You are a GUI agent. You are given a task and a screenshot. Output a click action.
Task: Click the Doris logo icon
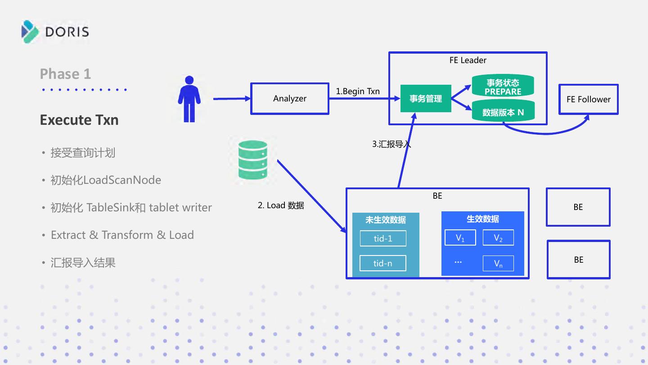point(30,32)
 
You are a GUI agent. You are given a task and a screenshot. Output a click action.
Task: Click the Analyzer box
point(290,99)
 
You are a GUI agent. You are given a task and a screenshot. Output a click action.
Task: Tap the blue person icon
point(189,99)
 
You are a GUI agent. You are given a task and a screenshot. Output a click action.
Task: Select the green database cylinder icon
point(252,160)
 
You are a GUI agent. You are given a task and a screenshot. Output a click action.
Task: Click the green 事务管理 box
point(426,99)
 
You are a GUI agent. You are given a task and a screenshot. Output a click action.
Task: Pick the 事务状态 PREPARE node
point(503,86)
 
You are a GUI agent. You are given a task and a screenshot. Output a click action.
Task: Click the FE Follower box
point(589,99)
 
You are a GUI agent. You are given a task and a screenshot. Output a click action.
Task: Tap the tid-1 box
point(383,238)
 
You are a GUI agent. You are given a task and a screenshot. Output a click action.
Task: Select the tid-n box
point(382,263)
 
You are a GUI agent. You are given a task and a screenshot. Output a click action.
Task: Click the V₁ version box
point(460,237)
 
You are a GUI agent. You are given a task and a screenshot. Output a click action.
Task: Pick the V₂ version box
point(498,237)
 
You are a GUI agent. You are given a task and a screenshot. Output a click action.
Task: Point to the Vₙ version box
point(498,263)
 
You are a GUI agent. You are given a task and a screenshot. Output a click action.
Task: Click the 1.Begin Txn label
point(358,91)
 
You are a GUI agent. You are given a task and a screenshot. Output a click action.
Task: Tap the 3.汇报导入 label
point(391,144)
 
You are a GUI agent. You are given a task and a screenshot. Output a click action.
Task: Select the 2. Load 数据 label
point(281,205)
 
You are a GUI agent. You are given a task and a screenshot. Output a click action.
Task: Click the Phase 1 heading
point(65,73)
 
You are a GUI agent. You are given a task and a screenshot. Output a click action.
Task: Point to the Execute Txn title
point(79,120)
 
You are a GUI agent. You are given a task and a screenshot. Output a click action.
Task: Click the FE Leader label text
point(468,60)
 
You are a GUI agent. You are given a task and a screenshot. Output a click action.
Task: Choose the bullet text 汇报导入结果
point(83,263)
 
